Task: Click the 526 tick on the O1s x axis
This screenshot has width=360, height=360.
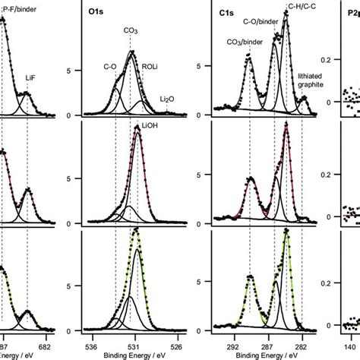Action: [x=178, y=339]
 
